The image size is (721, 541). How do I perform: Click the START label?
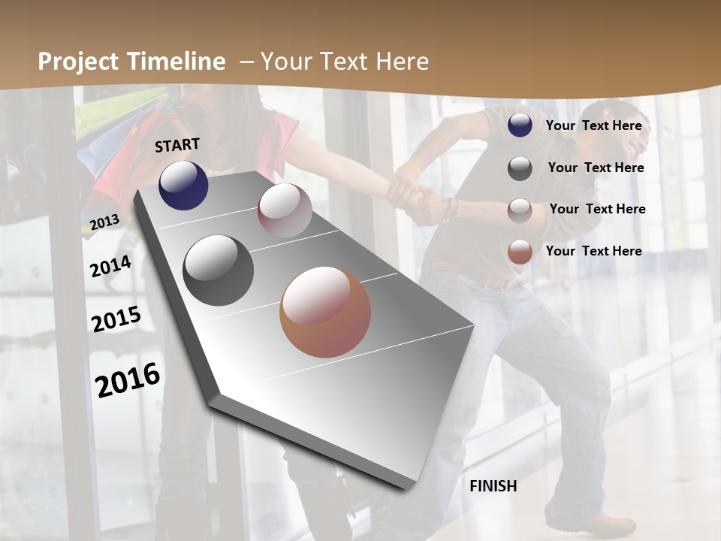pyautogui.click(x=177, y=145)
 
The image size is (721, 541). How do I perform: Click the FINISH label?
pyautogui.click(x=493, y=486)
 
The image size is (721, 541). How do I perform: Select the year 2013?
pyautogui.click(x=104, y=222)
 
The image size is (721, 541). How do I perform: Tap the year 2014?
pyautogui.click(x=111, y=267)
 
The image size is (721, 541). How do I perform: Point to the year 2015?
pyautogui.click(x=116, y=319)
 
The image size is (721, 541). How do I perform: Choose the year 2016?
pyautogui.click(x=128, y=379)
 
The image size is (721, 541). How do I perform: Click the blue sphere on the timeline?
pyautogui.click(x=183, y=185)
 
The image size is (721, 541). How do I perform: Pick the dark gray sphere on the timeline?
pyautogui.click(x=219, y=270)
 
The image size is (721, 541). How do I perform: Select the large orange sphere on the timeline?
pyautogui.click(x=325, y=312)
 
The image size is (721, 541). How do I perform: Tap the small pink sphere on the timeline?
pyautogui.click(x=285, y=210)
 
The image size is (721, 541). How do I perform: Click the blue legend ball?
pyautogui.click(x=520, y=125)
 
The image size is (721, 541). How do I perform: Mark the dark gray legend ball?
pyautogui.click(x=520, y=168)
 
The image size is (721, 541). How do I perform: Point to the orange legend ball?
pyautogui.click(x=520, y=252)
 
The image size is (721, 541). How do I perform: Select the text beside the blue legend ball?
pyautogui.click(x=593, y=125)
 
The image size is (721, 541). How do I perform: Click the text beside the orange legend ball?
pyautogui.click(x=593, y=251)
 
